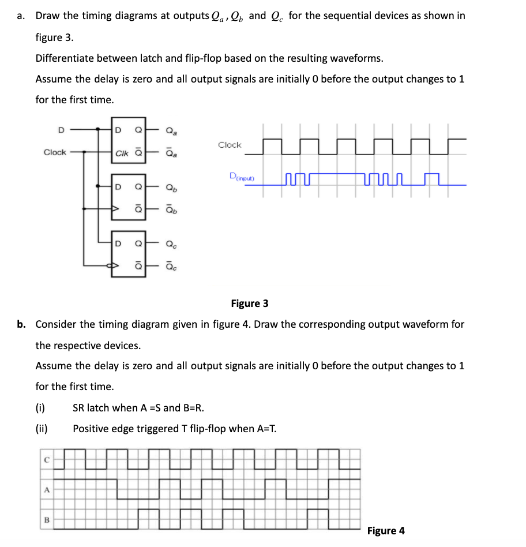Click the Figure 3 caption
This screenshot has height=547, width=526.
249,304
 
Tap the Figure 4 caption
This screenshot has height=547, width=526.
386,530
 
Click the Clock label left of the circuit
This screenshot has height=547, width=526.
55,152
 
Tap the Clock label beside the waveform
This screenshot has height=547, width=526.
230,145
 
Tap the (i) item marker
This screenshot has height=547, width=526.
41,408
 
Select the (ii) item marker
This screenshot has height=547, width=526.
42,429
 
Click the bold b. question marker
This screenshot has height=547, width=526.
21,324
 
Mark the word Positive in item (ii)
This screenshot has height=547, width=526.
91,429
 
